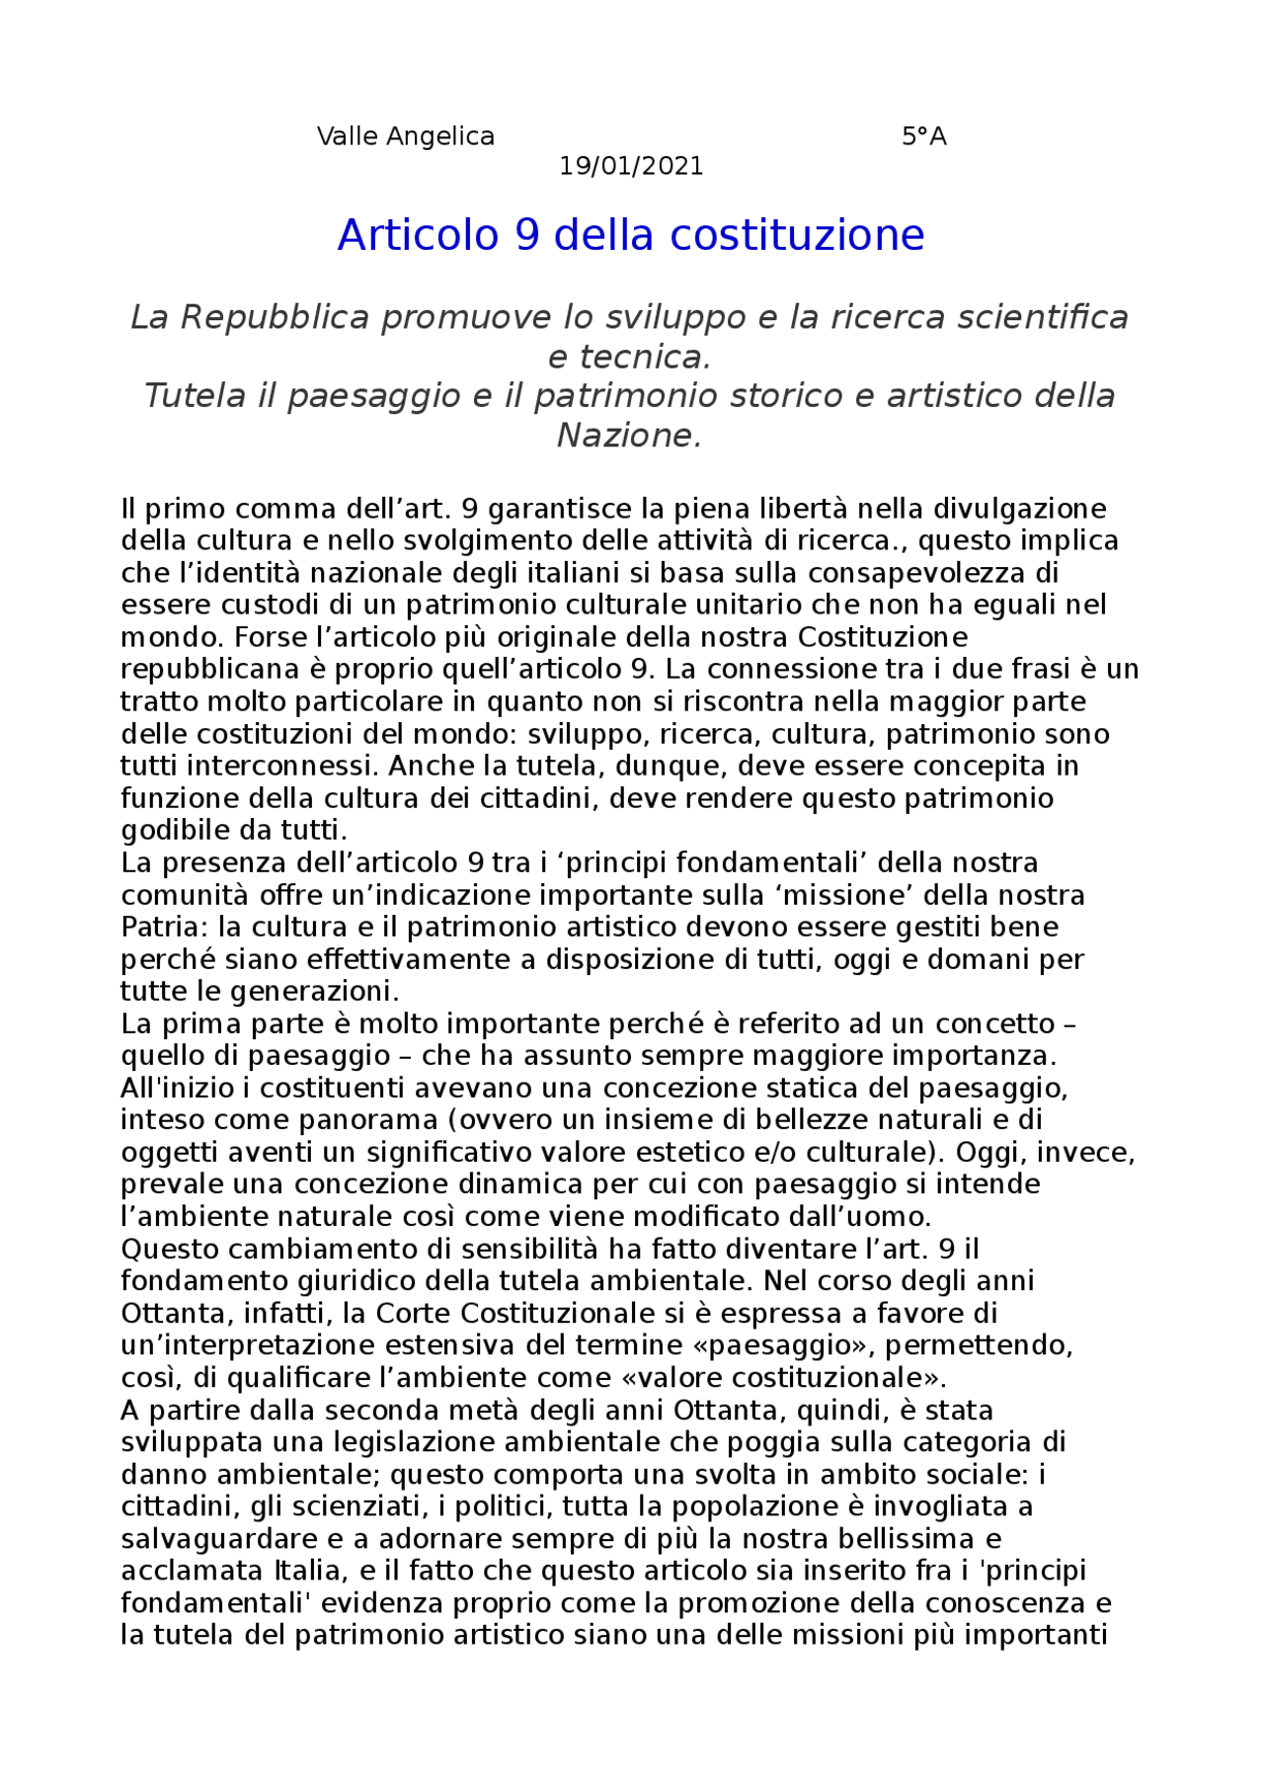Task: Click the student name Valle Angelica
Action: tap(405, 136)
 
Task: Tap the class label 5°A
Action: tap(923, 136)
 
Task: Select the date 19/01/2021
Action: tap(631, 166)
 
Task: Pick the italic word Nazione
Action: tap(628, 436)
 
